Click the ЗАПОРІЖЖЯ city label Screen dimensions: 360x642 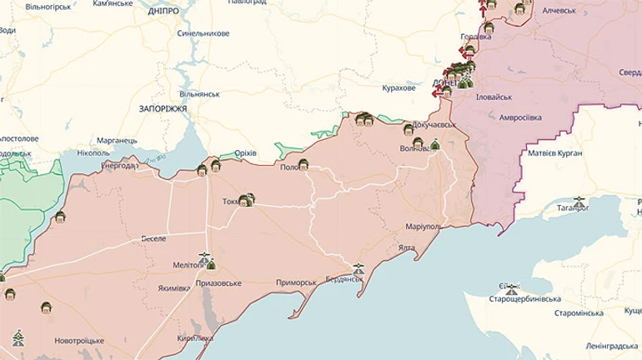pyautogui.click(x=163, y=108)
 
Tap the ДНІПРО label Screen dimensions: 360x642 pyautogui.click(x=163, y=12)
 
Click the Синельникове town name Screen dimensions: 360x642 pyautogui.click(x=203, y=34)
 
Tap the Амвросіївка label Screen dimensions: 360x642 pyautogui.click(x=520, y=117)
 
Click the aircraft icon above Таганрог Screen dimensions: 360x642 pyautogui.click(x=579, y=201)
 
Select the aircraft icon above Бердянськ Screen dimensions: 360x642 pyautogui.click(x=359, y=268)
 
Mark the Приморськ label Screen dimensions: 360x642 pyautogui.click(x=296, y=282)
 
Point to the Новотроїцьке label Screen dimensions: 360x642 pyautogui.click(x=79, y=341)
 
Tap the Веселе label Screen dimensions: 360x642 pyautogui.click(x=153, y=238)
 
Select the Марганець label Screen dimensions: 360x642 pyautogui.click(x=117, y=140)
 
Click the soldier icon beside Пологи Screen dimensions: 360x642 pyautogui.click(x=303, y=164)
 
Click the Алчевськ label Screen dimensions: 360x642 pyautogui.click(x=559, y=10)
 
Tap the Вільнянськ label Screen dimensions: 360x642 pyautogui.click(x=199, y=94)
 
